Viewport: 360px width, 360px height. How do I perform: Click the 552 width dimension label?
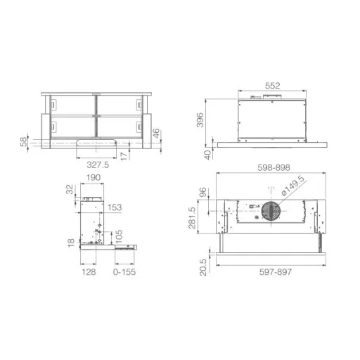(x=272, y=86)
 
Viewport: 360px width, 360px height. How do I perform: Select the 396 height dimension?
(x=200, y=120)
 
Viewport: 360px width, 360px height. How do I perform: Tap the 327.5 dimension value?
(x=98, y=165)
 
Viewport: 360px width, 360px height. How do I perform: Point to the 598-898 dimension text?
(x=274, y=167)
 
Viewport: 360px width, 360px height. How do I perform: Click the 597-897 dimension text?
(x=276, y=272)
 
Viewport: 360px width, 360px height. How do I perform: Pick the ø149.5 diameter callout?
(x=293, y=186)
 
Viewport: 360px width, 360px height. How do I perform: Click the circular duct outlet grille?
(x=271, y=211)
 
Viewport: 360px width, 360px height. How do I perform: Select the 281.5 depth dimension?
(x=192, y=217)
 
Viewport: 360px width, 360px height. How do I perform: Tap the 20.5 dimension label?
(x=203, y=267)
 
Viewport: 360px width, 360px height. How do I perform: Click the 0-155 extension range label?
(x=124, y=272)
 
